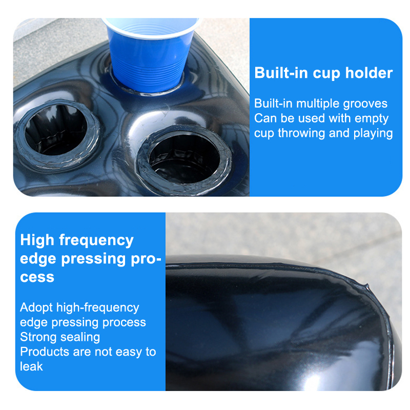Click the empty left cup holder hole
click(x=56, y=130)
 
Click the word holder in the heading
click(x=369, y=73)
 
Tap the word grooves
click(x=365, y=104)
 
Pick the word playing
click(x=373, y=133)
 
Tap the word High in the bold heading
click(x=37, y=240)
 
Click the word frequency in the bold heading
click(x=96, y=240)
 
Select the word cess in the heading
click(x=37, y=278)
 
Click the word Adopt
click(x=36, y=308)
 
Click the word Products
click(x=45, y=352)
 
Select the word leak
click(x=31, y=366)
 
